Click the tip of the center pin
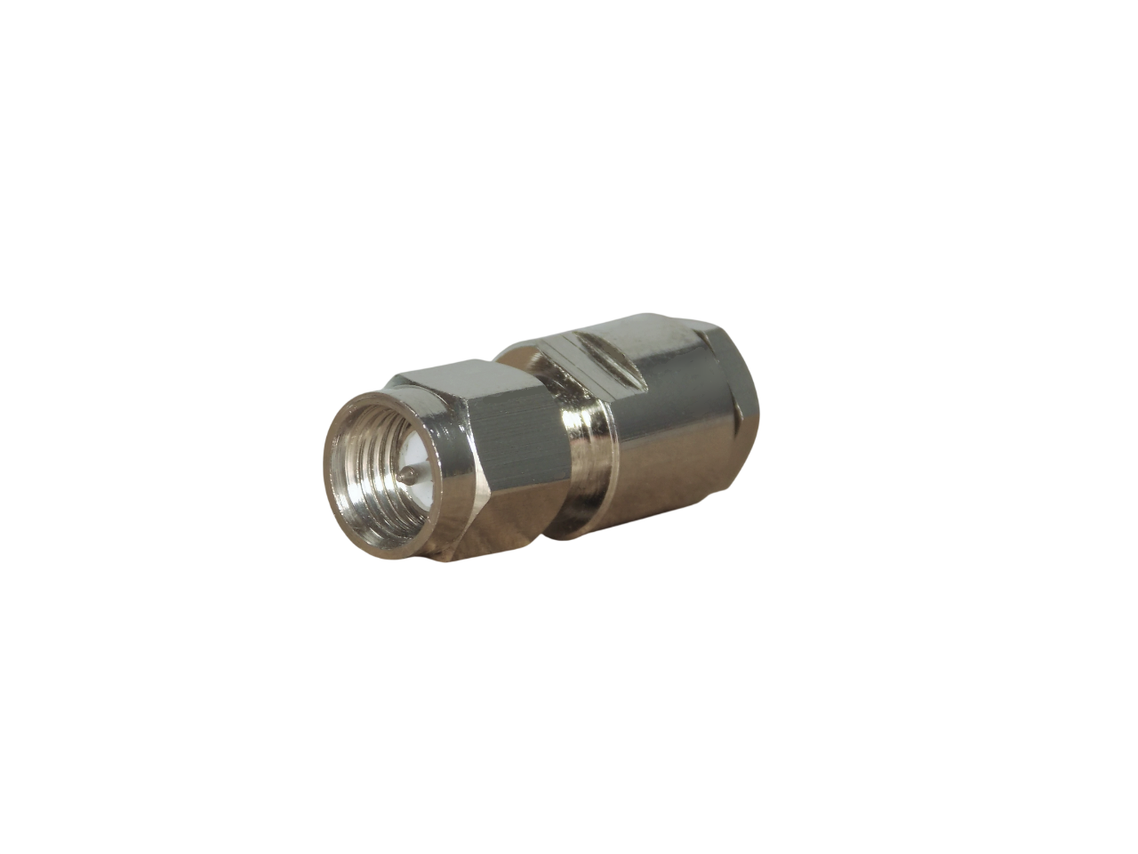(x=405, y=478)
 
